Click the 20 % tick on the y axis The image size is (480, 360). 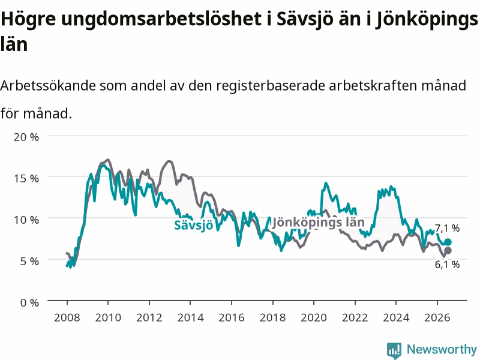[26, 137]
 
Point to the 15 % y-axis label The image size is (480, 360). [26, 178]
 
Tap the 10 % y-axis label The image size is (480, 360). [26, 220]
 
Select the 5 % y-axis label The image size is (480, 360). [29, 261]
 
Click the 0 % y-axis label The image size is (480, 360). [29, 303]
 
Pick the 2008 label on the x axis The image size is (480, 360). [67, 317]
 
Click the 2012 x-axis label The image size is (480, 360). [149, 317]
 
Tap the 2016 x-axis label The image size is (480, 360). [232, 317]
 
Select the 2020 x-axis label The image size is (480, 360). [314, 317]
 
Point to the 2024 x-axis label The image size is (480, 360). [396, 317]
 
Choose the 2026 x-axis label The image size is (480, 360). [437, 317]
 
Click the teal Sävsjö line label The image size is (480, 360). [193, 226]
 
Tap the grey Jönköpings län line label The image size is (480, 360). [319, 223]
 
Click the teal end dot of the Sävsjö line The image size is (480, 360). [448, 242]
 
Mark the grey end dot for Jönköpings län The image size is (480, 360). [448, 251]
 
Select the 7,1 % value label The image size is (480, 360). [447, 228]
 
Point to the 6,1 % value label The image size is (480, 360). [447, 264]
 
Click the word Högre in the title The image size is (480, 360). [28, 19]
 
